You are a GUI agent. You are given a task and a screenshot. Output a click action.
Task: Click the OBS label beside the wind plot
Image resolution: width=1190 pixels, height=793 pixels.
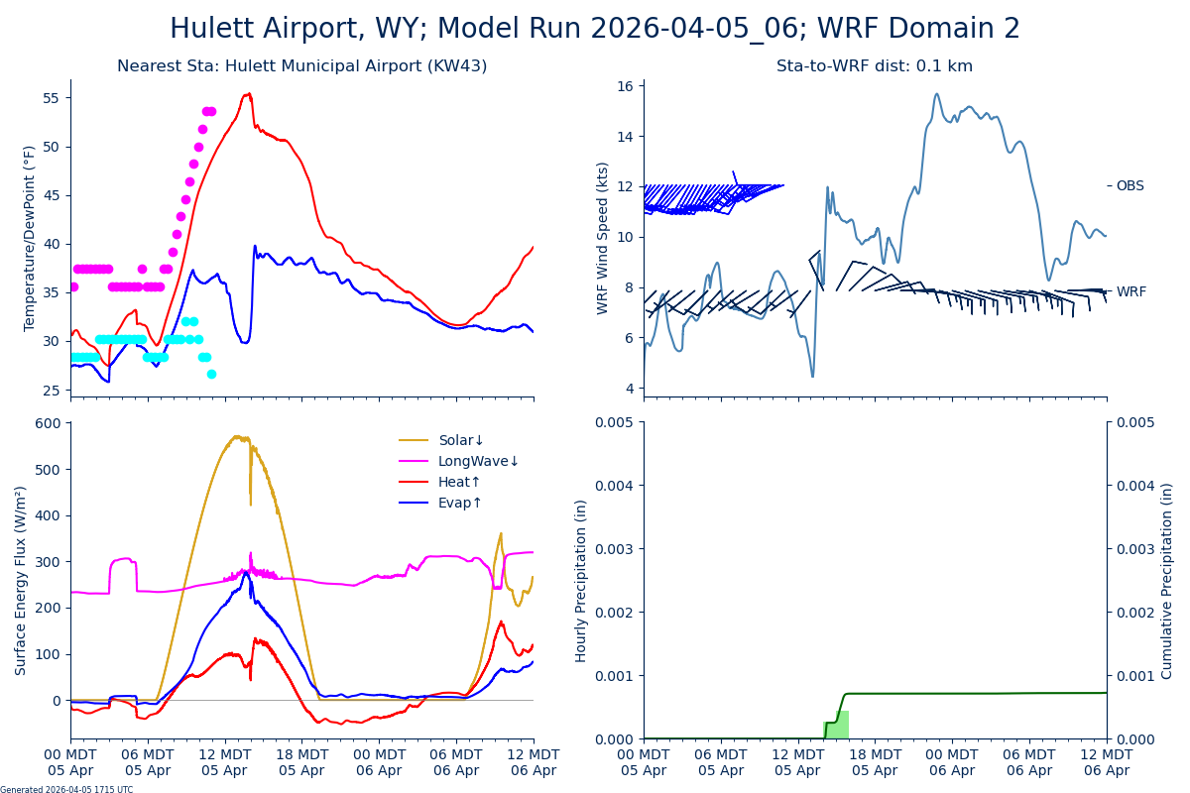point(1130,185)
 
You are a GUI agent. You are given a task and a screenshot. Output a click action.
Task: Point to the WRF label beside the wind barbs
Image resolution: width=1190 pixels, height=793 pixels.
point(1130,291)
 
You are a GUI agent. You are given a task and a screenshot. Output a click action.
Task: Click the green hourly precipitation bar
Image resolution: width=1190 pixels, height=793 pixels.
point(837,725)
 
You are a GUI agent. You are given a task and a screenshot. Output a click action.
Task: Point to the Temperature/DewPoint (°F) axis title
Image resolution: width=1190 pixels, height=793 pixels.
point(30,238)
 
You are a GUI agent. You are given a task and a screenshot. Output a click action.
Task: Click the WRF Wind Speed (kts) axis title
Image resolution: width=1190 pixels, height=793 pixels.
point(603,238)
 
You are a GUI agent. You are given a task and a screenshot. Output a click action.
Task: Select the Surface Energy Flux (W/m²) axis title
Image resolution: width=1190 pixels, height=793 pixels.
point(21,580)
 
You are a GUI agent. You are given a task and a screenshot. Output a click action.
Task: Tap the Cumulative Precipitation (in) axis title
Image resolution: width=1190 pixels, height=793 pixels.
point(1167,580)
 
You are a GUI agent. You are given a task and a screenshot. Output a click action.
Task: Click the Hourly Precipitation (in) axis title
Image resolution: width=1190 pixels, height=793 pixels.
point(581,580)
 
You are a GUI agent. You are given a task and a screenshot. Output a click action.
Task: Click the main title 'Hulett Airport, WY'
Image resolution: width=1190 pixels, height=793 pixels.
point(595,29)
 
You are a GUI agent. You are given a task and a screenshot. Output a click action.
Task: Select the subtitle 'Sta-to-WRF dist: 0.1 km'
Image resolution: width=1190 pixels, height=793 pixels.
point(875,66)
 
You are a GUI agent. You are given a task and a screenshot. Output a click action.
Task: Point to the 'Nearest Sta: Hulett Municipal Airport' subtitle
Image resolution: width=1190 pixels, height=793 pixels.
point(301,66)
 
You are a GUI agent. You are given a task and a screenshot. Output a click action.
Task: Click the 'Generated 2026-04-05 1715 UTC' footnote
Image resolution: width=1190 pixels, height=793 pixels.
point(66,789)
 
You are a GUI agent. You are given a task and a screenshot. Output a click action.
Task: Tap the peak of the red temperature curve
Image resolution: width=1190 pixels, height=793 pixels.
point(249,94)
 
